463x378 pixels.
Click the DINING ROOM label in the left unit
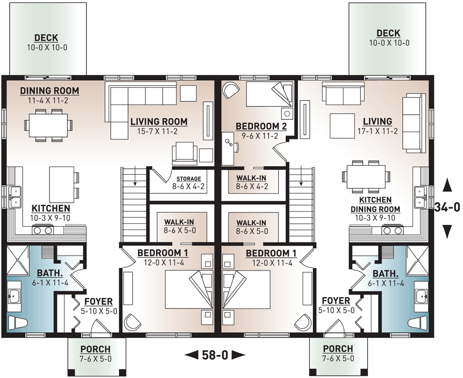click(49, 91)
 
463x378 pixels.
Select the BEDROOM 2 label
click(257, 126)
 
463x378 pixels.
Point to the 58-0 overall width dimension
click(215, 354)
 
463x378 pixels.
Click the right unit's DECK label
click(389, 33)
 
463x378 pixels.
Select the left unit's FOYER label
click(98, 301)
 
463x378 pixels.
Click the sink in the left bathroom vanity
click(14, 296)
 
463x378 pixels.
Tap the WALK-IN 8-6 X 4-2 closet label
click(252, 178)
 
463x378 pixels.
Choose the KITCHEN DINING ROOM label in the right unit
click(376, 204)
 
